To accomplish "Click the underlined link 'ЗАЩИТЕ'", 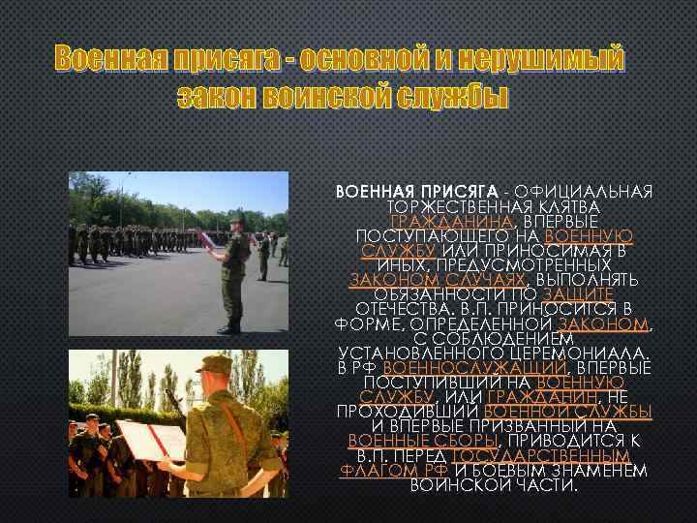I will point(578,292).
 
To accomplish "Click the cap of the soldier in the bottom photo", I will point(214,364).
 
